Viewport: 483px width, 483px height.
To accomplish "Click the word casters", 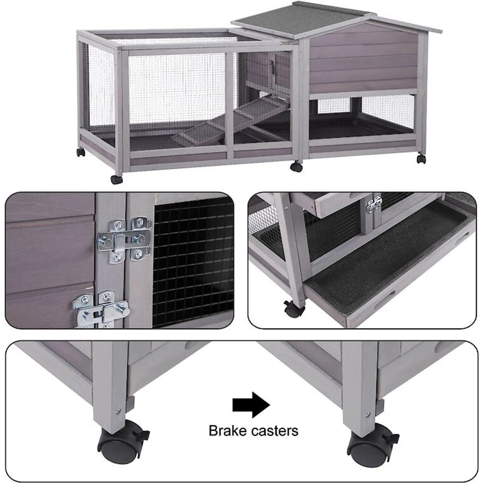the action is pos(275,431).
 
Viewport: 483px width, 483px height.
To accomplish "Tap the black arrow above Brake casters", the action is pos(251,405).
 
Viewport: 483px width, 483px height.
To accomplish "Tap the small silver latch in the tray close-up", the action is pos(374,204).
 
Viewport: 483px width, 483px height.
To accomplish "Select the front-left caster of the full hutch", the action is pos(117,179).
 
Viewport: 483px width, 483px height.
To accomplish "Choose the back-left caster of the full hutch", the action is pos(81,152).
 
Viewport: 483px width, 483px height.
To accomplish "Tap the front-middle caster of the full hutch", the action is pos(296,167).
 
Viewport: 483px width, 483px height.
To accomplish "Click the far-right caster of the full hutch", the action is pos(421,159).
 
